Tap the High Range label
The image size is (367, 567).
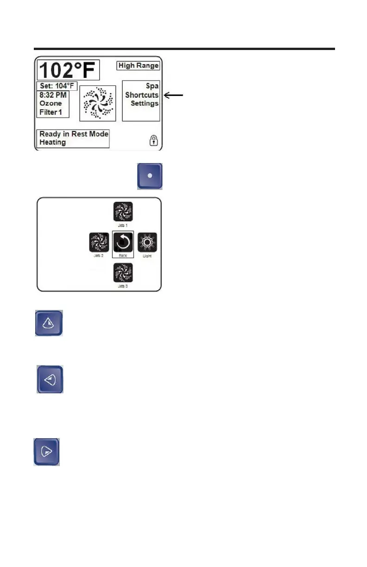click(138, 66)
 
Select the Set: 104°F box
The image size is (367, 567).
click(57, 86)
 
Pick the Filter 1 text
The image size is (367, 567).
click(51, 112)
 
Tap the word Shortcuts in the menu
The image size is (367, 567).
click(141, 95)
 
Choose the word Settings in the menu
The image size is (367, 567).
click(144, 103)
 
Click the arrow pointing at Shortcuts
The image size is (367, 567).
click(174, 95)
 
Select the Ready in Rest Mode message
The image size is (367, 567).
click(74, 134)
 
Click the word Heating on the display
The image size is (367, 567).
click(52, 142)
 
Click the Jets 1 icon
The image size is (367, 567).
click(123, 211)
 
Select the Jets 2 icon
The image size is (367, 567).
click(99, 242)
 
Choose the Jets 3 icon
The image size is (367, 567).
click(123, 272)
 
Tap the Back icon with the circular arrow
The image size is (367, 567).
click(123, 242)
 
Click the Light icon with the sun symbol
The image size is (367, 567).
click(147, 242)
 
